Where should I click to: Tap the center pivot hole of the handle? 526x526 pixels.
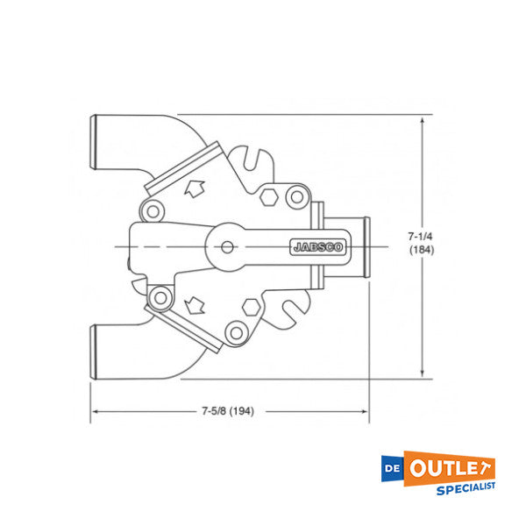point(228,246)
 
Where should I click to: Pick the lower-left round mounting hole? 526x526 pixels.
point(160,299)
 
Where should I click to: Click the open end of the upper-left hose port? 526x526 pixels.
point(96,143)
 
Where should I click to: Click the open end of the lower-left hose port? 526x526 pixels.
point(96,351)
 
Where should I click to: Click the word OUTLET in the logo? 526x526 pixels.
point(450,467)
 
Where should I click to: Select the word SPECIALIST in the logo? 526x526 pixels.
point(465,487)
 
